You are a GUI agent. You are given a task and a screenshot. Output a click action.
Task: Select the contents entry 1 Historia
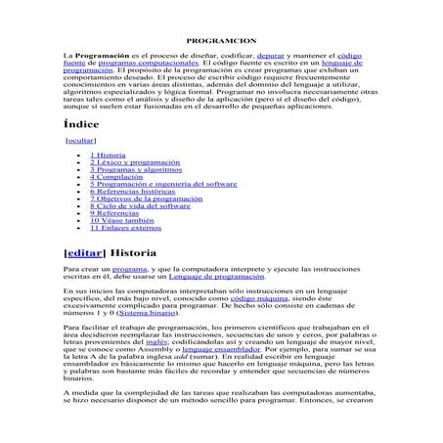pos(108,155)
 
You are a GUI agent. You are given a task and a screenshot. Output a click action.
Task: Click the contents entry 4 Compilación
pos(117,177)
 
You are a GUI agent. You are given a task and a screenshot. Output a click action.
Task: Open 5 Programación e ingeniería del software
pos(163,184)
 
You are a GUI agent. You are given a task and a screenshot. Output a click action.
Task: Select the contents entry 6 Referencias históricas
pos(133,192)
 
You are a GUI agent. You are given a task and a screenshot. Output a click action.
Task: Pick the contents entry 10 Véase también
pos(121,221)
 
